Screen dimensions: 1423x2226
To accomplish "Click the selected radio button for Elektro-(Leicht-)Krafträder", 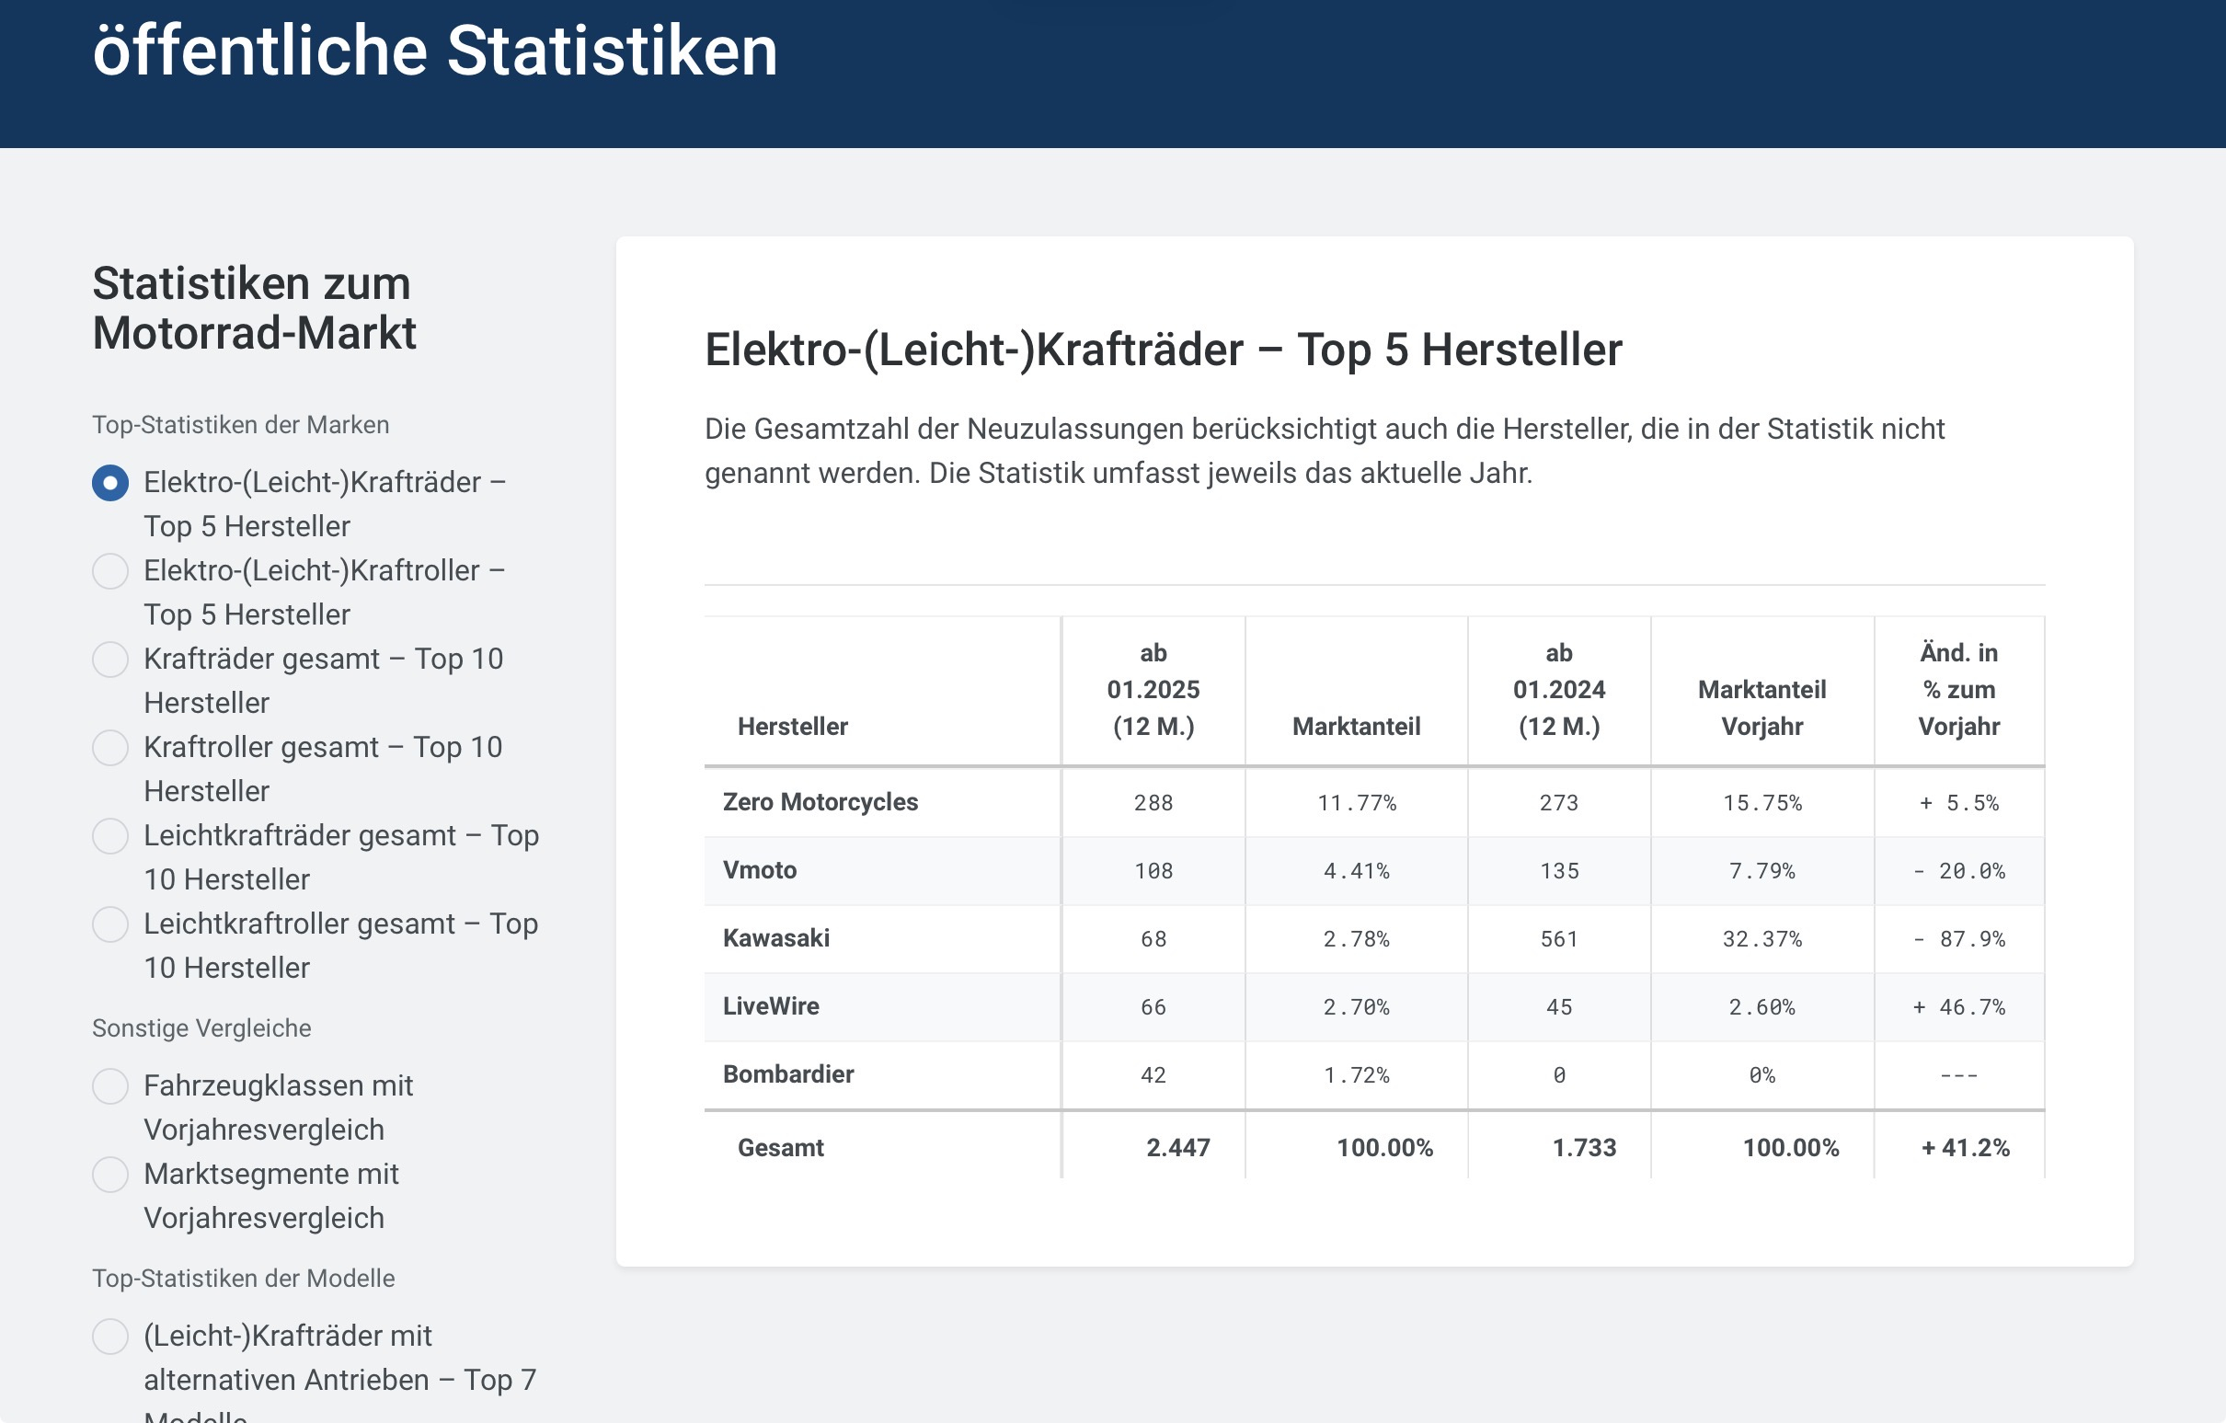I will [110, 483].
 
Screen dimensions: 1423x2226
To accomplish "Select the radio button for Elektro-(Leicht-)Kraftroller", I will [110, 571].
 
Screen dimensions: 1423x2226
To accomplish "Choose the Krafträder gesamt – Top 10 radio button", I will [110, 660].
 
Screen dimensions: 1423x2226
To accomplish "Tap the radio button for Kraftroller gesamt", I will [110, 748].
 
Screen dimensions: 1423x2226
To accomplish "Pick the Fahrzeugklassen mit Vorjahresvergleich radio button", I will [110, 1086].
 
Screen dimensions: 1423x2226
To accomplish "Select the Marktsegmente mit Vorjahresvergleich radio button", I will [110, 1175].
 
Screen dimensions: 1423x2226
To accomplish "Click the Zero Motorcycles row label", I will [820, 802].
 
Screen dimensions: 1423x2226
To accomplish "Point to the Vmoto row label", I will [759, 870].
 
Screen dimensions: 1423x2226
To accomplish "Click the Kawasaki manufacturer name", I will [775, 938].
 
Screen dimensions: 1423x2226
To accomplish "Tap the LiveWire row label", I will [770, 1006].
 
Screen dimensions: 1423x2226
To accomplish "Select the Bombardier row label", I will [787, 1074].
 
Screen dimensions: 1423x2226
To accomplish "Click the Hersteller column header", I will [792, 727].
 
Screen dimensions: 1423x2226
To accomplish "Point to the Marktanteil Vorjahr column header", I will [1761, 707].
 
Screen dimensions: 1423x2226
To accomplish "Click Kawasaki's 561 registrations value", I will [1558, 939].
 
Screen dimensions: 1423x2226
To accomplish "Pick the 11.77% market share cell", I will [1356, 803].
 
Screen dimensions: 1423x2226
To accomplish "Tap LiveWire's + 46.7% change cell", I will [1958, 1007].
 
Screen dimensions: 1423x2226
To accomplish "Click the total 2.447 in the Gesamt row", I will [1176, 1147].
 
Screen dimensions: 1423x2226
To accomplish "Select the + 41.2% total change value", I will [1965, 1147].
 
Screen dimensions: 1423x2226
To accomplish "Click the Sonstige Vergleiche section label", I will [201, 1028].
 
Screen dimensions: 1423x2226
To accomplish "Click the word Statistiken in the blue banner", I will [612, 51].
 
